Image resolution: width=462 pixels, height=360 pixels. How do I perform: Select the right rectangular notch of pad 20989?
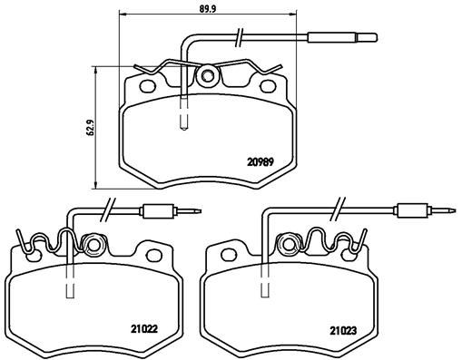click(269, 88)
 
